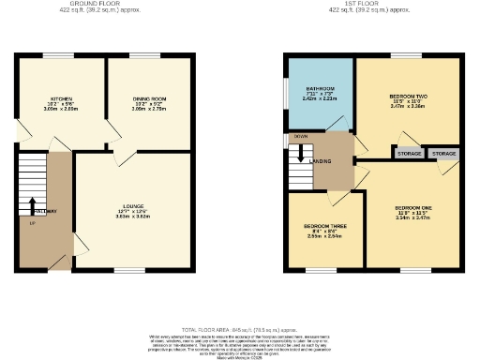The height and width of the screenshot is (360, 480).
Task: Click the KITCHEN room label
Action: point(61,97)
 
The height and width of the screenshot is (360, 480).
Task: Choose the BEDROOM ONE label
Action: point(412,207)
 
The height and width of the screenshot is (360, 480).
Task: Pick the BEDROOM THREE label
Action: point(322,227)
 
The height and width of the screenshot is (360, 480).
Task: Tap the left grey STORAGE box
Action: point(409,153)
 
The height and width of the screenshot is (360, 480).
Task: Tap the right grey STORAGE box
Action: point(443,153)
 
